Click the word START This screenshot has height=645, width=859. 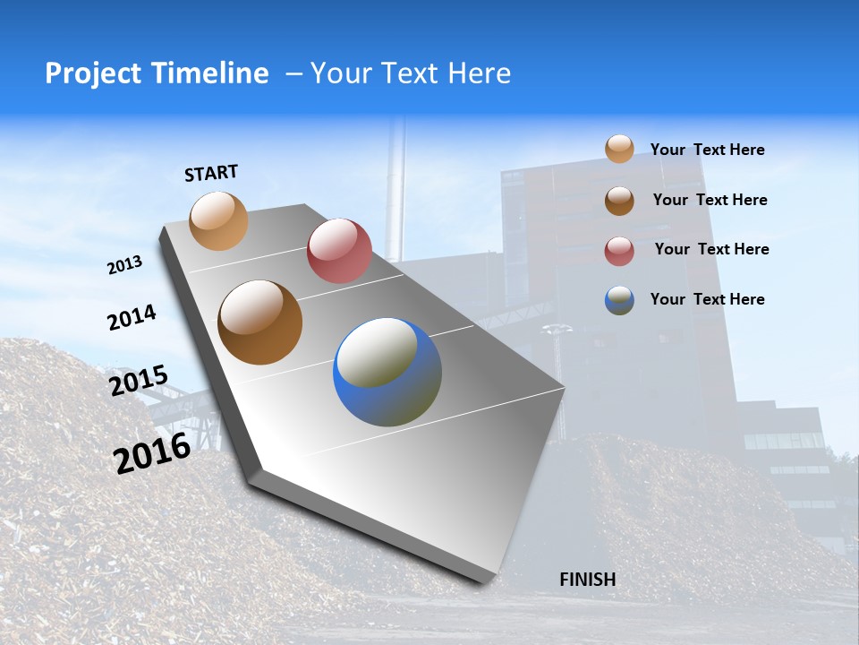[x=211, y=173]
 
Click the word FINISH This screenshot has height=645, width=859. [x=587, y=580]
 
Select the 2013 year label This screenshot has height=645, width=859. [x=125, y=264]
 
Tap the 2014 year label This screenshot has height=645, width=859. [x=132, y=317]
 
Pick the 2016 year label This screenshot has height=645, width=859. [x=152, y=452]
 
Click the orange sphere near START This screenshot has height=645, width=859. [x=218, y=220]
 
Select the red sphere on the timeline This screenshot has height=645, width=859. [x=339, y=251]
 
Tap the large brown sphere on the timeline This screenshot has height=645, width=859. [x=259, y=322]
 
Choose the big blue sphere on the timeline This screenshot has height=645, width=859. [x=387, y=372]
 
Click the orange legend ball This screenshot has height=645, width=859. [x=619, y=149]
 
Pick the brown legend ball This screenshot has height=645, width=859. [x=619, y=200]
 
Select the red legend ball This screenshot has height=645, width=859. [x=619, y=250]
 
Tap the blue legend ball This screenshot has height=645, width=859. [x=619, y=300]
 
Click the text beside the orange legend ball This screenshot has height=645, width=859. [x=707, y=150]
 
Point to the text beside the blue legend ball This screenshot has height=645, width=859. [x=707, y=299]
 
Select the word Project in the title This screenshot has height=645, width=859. [x=92, y=73]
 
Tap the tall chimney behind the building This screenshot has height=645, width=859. [x=395, y=188]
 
